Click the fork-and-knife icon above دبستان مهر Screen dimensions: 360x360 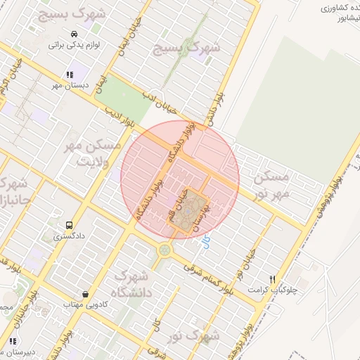[70, 75]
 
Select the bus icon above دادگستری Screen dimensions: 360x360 [69, 226]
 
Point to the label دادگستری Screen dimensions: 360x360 [69, 237]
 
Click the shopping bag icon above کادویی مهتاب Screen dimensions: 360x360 [85, 294]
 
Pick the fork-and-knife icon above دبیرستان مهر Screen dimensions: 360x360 [13, 341]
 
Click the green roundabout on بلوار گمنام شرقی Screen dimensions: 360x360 [165, 249]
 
